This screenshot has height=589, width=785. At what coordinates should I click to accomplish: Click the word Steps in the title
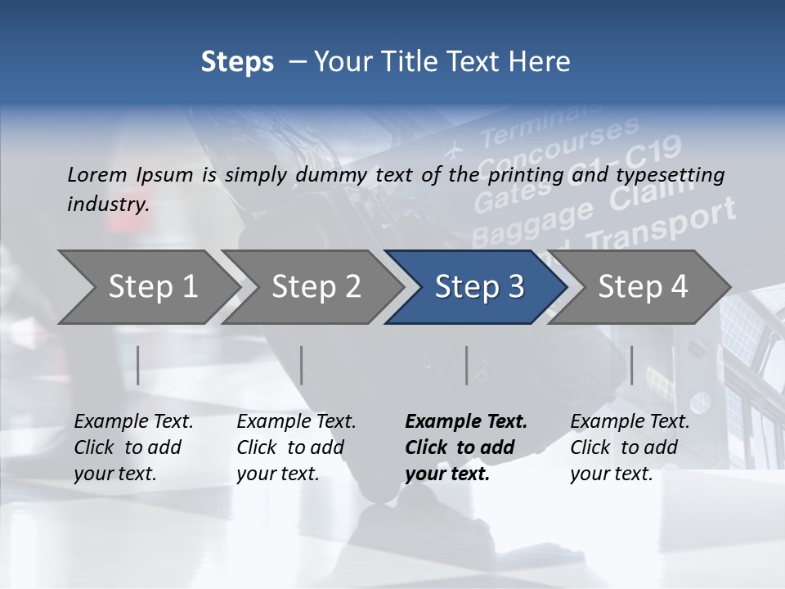tap(237, 61)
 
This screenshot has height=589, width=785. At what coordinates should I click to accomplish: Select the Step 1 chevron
tap(147, 286)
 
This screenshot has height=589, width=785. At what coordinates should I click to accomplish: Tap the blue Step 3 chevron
tap(478, 286)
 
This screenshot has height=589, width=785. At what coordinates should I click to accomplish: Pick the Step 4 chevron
tap(642, 286)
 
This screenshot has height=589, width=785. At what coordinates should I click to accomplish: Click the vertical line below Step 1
tap(138, 365)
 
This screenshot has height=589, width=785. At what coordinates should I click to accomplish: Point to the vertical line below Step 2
tap(302, 365)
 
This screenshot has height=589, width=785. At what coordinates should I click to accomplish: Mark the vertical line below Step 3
tap(467, 365)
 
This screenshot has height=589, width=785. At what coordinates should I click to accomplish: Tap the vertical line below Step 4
tap(631, 365)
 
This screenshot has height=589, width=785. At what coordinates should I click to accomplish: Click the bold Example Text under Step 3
tap(466, 422)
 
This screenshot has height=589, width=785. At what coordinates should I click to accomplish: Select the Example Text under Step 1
tap(133, 422)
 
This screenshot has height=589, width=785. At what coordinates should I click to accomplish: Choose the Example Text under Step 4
tap(630, 422)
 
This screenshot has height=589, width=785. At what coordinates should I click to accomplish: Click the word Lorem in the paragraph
tap(96, 174)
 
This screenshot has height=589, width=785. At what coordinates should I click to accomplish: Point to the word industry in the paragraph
tap(108, 205)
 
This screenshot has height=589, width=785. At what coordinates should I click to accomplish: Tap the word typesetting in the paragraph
tap(670, 174)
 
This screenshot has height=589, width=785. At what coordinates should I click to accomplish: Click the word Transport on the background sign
tap(661, 227)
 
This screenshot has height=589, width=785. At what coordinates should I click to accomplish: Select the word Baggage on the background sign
tap(532, 222)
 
